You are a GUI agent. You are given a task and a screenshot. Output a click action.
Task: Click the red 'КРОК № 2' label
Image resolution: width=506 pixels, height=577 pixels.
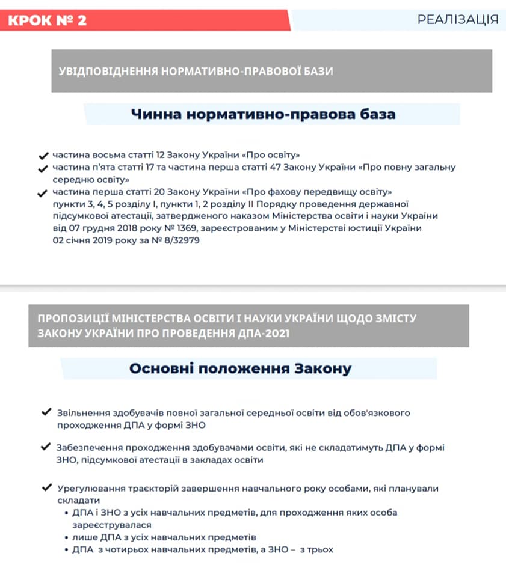click(x=48, y=20)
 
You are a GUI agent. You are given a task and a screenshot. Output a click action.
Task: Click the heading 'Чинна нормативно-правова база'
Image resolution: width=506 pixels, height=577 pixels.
click(x=264, y=114)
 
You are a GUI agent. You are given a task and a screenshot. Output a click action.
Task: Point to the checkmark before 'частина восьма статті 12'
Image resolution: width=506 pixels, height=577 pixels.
click(x=43, y=154)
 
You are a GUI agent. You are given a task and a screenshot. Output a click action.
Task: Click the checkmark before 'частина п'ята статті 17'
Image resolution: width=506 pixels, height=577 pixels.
click(x=43, y=168)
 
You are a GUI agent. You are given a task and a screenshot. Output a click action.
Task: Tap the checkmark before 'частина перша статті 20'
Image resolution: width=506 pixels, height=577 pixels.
click(x=43, y=193)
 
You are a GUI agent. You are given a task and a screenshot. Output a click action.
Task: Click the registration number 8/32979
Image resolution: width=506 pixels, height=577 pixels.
click(x=177, y=240)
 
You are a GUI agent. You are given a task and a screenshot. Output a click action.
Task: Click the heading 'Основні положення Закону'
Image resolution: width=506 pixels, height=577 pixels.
click(x=240, y=368)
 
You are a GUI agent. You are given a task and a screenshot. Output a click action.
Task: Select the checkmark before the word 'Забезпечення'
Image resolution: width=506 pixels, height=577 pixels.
click(x=46, y=447)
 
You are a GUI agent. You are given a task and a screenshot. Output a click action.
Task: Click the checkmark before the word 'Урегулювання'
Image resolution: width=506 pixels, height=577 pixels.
click(x=46, y=487)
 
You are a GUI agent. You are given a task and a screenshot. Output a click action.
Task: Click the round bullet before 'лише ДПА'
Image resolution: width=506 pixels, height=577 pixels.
click(x=66, y=537)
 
